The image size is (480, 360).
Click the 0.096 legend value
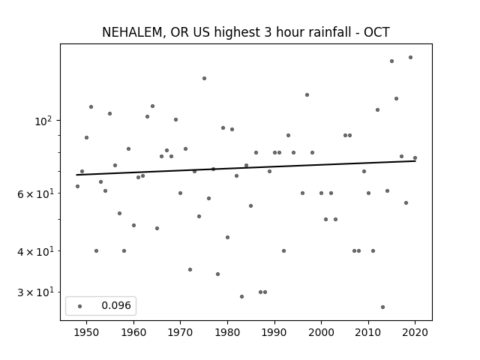pos(116,305)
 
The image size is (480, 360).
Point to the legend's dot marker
pos(80,306)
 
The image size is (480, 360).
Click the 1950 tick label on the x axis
pos(87,332)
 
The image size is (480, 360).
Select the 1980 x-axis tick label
pos(227,332)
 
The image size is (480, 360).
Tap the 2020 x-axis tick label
pos(415,332)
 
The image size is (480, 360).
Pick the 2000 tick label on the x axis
pos(321,332)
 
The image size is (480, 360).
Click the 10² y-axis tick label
pos(43,121)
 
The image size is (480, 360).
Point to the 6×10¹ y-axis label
pos(35,193)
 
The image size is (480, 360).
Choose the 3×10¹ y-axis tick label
pos(35,292)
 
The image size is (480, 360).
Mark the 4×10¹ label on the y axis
pos(35,251)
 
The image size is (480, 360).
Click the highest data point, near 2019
pos(410,58)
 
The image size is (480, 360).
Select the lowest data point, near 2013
pos(382,307)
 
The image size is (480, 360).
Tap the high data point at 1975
pos(204,78)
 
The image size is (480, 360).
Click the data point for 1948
pos(77,187)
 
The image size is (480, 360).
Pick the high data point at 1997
pos(307,95)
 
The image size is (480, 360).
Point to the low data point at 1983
pos(241,297)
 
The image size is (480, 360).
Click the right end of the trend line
pos(415,160)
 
